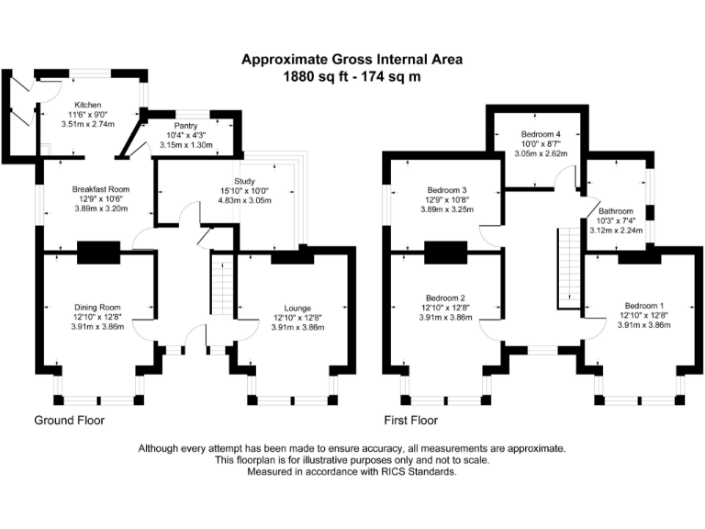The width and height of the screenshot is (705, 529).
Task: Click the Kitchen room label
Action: click(88, 105)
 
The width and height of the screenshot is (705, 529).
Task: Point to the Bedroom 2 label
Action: click(445, 298)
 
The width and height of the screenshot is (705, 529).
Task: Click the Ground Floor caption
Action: click(70, 421)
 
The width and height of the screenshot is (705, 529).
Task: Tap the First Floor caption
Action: click(411, 421)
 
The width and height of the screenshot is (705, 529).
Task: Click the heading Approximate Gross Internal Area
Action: click(352, 60)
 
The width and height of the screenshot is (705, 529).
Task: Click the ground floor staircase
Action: click(223, 286)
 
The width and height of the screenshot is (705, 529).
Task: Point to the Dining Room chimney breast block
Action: click(97, 253)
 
